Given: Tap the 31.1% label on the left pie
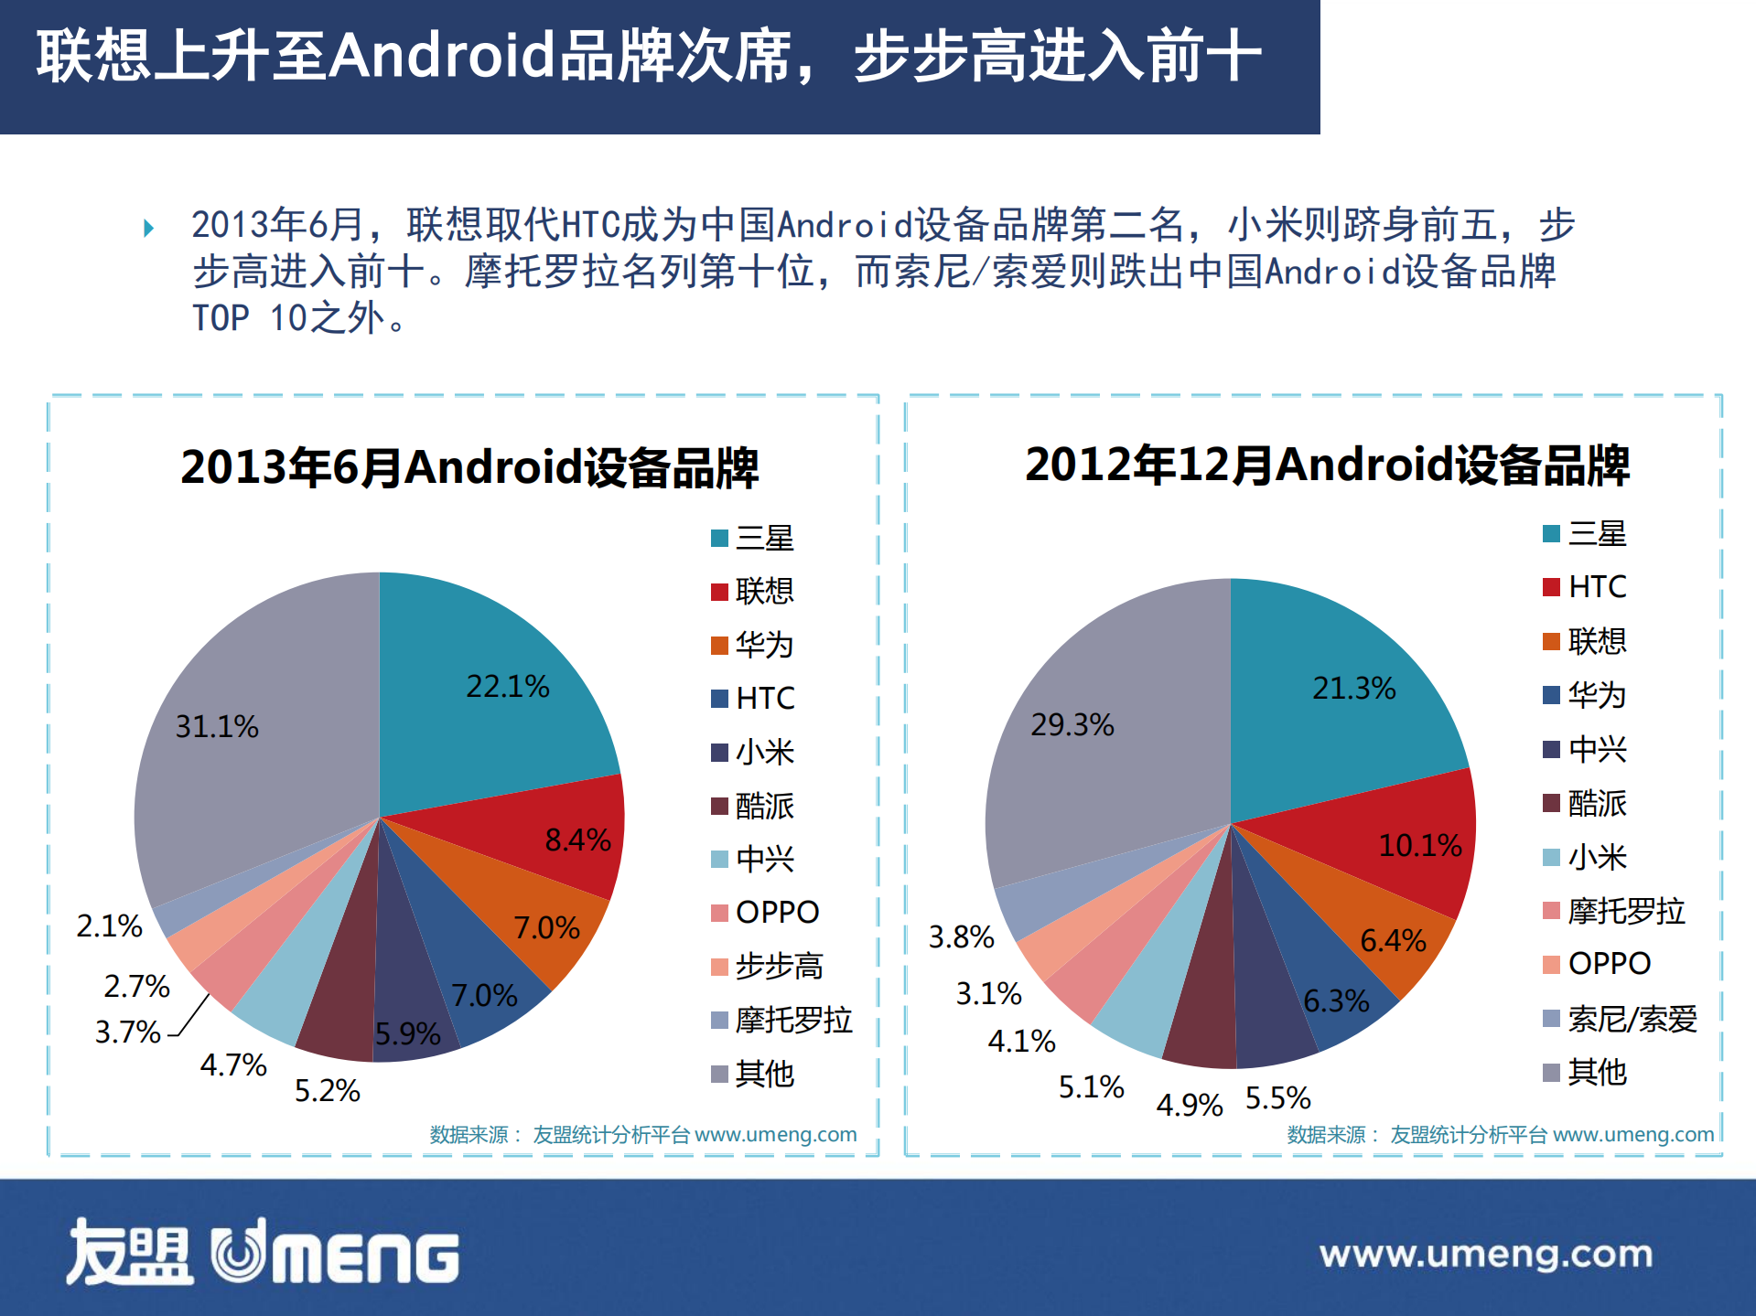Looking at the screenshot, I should [217, 727].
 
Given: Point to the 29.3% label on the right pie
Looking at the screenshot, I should [1072, 725].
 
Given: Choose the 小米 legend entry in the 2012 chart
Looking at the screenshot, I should [1597, 857].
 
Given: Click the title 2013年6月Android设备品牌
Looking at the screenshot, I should [469, 467].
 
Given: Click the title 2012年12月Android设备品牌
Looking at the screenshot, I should [1327, 465].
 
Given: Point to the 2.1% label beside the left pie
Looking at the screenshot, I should [110, 925].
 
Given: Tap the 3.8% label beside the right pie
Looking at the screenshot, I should [961, 936].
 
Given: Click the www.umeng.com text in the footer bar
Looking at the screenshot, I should [1485, 1254].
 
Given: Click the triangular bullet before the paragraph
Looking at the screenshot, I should [149, 228].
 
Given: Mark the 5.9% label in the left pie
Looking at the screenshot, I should [408, 1034].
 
